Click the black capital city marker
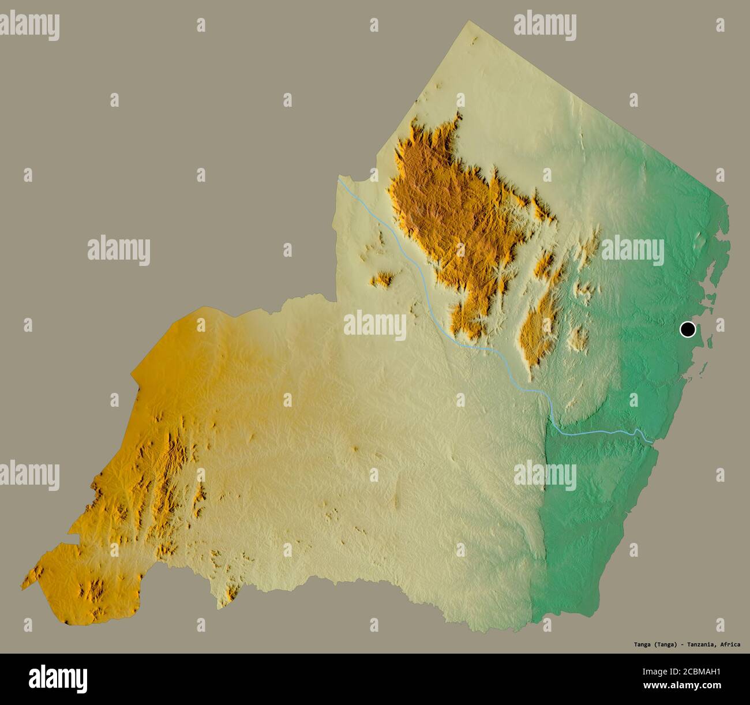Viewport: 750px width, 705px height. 687,329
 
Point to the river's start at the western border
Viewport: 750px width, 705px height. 339,179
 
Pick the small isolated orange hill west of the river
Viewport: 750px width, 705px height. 381,280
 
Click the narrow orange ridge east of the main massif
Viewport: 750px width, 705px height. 538,335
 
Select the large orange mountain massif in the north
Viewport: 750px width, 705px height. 444,208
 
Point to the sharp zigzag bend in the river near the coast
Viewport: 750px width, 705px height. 636,432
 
